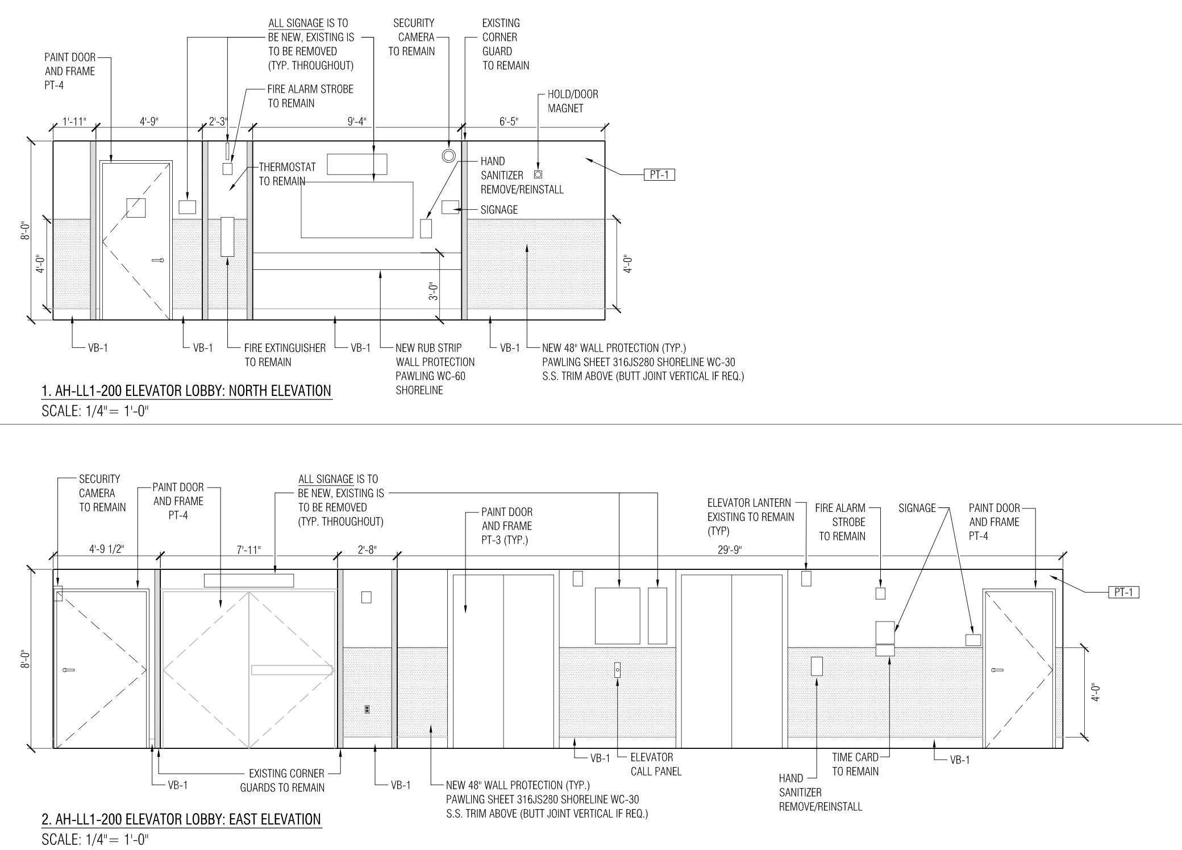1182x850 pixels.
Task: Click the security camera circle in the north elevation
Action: [449, 155]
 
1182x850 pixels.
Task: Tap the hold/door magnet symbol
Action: [538, 174]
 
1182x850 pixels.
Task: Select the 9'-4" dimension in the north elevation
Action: [357, 121]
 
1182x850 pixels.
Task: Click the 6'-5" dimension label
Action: [509, 121]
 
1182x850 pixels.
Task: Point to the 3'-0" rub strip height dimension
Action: [434, 291]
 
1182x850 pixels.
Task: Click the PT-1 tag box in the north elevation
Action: [659, 175]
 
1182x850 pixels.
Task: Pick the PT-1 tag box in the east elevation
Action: [1123, 593]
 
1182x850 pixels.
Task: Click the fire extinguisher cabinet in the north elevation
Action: [227, 237]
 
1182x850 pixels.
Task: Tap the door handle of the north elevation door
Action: [157, 260]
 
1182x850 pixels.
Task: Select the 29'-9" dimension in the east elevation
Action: [730, 549]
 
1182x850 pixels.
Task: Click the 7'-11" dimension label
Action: [249, 549]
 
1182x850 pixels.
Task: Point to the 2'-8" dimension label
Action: [367, 549]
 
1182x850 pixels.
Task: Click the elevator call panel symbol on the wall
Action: [617, 670]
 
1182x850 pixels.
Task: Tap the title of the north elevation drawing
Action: [186, 391]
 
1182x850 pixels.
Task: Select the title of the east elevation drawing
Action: [182, 819]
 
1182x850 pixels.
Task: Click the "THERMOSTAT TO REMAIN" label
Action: [287, 174]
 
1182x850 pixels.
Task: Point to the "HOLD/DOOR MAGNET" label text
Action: [573, 101]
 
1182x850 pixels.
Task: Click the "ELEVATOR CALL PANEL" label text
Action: [656, 764]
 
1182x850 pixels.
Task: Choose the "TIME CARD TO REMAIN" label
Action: [855, 764]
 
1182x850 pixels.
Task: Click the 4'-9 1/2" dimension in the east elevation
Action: [106, 549]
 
